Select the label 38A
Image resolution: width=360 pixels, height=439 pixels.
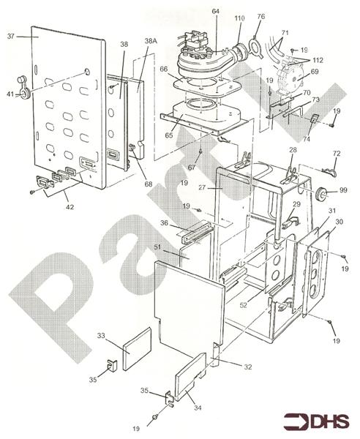(151, 42)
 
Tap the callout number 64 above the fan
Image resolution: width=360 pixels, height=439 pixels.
(195, 11)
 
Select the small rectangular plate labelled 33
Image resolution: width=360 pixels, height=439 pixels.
(136, 350)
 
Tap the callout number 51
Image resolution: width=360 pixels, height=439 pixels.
(158, 249)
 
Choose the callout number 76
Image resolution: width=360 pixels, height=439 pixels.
(260, 16)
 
